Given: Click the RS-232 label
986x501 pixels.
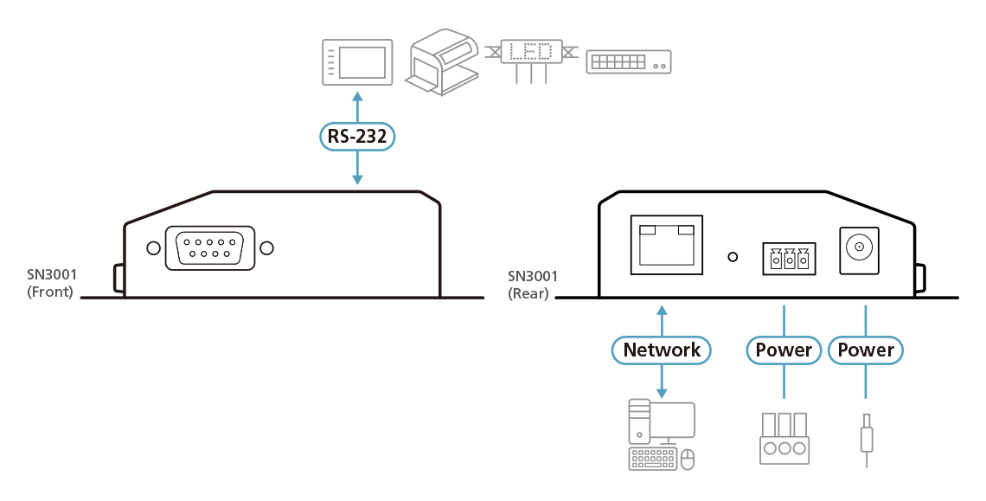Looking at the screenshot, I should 356,136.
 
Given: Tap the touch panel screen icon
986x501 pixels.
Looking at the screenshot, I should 357,62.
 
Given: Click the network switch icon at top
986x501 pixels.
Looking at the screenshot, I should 629,61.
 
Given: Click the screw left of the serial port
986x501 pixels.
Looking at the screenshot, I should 153,248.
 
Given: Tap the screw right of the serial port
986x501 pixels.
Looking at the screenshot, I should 267,248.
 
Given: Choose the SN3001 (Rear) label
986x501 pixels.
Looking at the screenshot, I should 532,285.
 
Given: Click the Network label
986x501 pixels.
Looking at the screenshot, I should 662,350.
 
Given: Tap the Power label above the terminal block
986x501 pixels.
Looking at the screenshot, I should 784,350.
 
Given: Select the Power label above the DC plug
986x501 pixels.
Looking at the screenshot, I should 866,350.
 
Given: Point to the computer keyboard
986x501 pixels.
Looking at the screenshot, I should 654,459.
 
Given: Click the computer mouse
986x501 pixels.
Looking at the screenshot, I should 688,459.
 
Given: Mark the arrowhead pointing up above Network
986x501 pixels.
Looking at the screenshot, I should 662,310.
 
